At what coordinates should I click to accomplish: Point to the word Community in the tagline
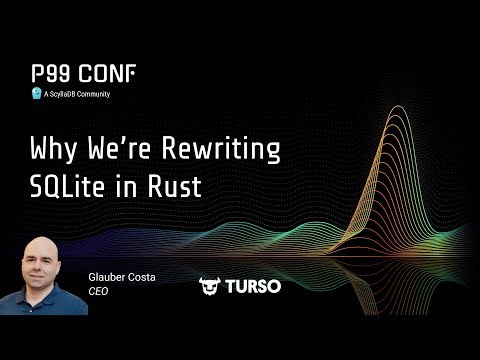(91, 94)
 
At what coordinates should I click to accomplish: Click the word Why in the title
(52, 153)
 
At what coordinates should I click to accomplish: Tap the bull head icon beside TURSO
(210, 286)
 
